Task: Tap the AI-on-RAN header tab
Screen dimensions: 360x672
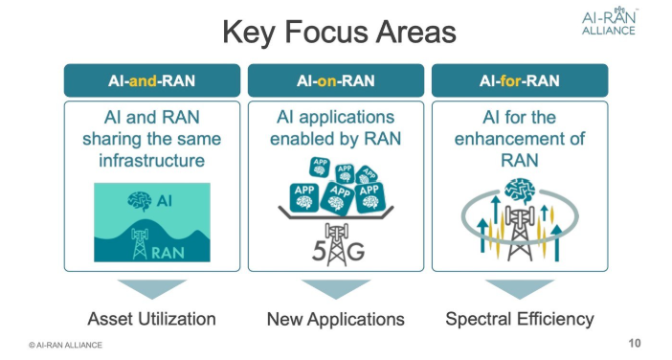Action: [x=335, y=80]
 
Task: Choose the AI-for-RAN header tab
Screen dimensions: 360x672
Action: [x=519, y=80]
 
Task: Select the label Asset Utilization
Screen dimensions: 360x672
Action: [x=151, y=319]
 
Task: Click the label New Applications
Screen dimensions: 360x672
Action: [x=335, y=319]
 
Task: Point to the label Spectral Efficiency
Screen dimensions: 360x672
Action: [x=519, y=319]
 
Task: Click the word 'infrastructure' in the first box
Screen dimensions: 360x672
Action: [x=151, y=160]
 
